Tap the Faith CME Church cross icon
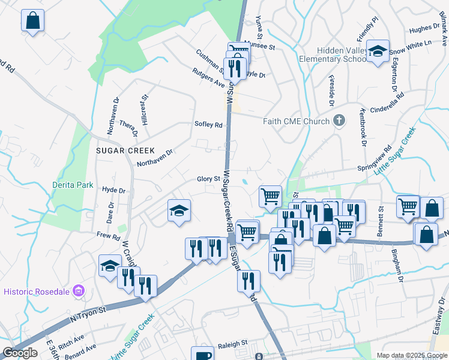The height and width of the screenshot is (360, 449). (339, 121)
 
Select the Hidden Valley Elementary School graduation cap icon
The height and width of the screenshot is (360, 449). (378, 52)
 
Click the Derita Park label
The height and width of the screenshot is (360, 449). (73, 185)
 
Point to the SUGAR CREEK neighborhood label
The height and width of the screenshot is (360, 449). (125, 150)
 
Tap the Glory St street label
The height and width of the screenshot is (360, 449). (208, 179)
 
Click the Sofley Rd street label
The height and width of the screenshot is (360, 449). (208, 125)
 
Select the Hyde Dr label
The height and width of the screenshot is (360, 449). (113, 190)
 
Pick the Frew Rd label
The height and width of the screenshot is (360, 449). (108, 236)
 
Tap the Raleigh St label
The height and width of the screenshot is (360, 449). (232, 343)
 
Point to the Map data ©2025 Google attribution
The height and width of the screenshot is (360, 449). (412, 355)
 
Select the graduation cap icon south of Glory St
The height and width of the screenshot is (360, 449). (179, 211)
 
